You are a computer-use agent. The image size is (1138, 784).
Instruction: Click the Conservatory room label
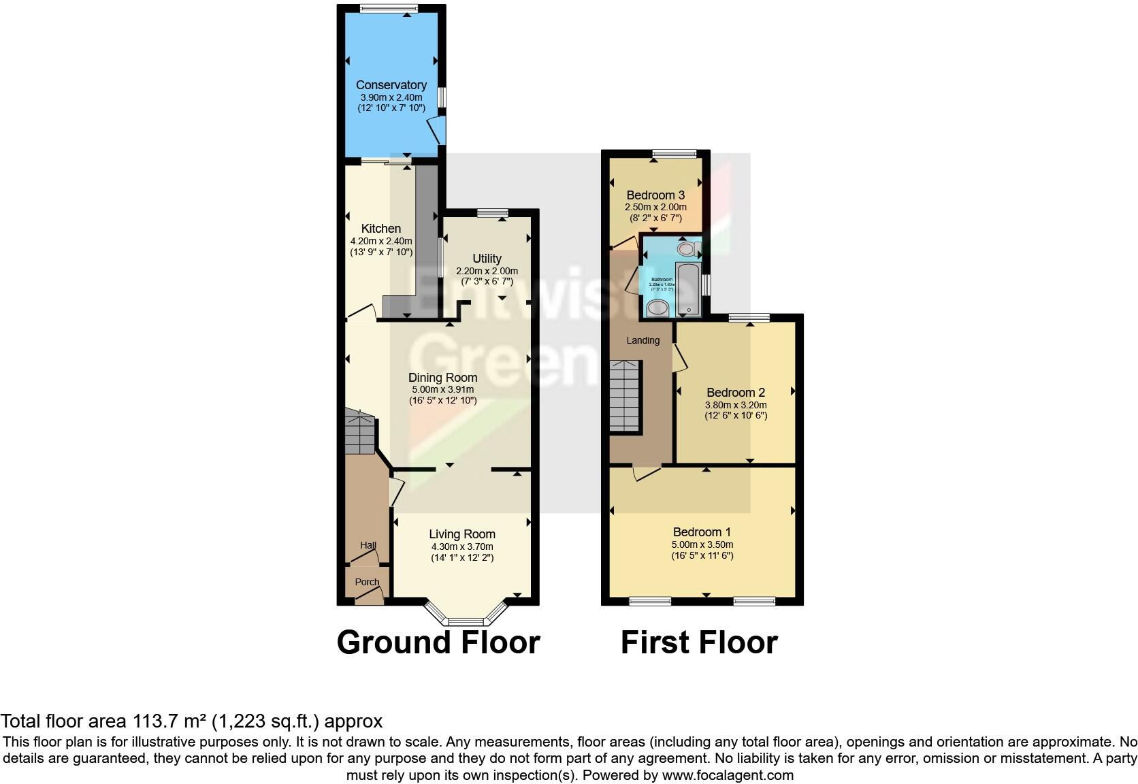click(391, 85)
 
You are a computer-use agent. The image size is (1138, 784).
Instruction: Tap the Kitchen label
click(380, 229)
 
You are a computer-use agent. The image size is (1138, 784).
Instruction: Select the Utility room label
click(487, 259)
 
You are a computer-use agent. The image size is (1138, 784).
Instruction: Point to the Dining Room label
click(442, 378)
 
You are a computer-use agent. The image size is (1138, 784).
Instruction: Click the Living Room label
click(461, 534)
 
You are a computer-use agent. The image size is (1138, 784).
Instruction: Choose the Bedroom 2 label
click(735, 393)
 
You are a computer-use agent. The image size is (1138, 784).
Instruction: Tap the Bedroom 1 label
click(702, 532)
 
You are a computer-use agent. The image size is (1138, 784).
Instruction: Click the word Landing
click(643, 340)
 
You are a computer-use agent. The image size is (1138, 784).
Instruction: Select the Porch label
click(367, 582)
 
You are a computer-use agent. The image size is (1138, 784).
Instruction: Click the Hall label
click(368, 545)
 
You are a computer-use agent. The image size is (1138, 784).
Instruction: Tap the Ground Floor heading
click(438, 642)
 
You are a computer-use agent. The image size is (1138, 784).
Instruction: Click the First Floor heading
click(699, 642)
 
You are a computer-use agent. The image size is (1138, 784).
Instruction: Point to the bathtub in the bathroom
click(687, 289)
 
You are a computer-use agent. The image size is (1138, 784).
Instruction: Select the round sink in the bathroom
click(657, 309)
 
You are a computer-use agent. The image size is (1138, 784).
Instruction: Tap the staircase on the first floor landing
click(625, 396)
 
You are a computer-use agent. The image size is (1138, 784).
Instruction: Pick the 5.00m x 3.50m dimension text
click(702, 544)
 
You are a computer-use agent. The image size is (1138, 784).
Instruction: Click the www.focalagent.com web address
click(726, 775)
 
